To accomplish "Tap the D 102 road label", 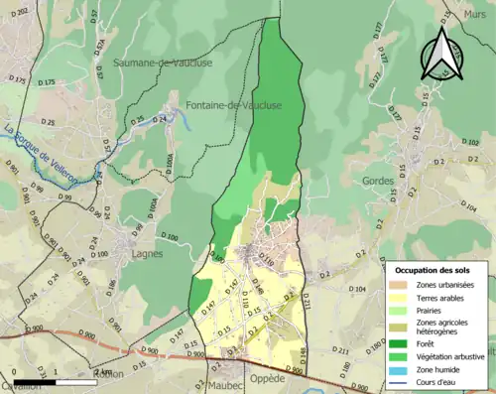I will coord(472,143).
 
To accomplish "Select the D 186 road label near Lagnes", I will coord(112,288).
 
